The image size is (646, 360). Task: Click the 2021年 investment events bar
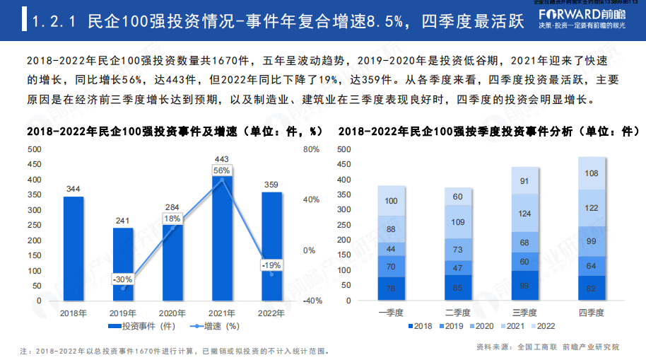point(222,240)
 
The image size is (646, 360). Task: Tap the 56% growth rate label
point(222,171)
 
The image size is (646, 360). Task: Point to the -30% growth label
point(124,279)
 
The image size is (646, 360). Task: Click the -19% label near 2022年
point(271,265)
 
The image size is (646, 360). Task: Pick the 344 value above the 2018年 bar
point(74,189)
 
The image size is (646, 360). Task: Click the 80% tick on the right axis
point(311,150)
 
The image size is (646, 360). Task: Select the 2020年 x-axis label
point(172,313)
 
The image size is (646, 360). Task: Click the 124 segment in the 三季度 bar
point(524,214)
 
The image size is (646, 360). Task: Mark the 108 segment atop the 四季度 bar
point(592,173)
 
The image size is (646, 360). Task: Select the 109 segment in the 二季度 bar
point(458,222)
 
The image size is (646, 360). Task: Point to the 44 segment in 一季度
point(391,249)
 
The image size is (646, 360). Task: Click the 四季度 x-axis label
point(592,313)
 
